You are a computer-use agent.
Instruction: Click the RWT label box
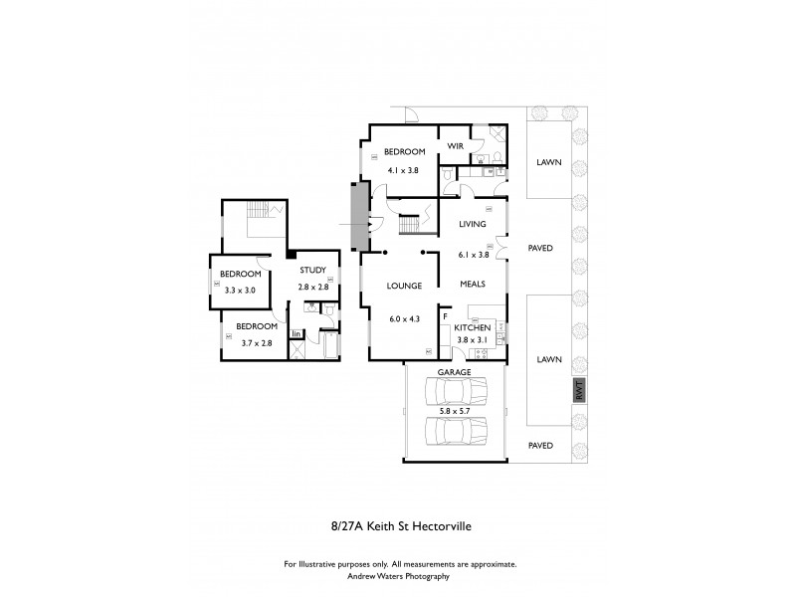(579, 391)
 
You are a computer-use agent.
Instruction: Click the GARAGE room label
(454, 371)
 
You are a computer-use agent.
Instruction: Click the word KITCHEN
(473, 327)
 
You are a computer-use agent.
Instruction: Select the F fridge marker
(445, 316)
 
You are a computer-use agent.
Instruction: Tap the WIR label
(456, 146)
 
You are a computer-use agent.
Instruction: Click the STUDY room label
(313, 270)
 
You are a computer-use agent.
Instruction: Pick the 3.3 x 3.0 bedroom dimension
(241, 290)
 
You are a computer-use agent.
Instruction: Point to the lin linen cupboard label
(296, 333)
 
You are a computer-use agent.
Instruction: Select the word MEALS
(472, 284)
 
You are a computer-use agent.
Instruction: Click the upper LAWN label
(548, 161)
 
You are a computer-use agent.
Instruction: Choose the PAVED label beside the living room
(540, 248)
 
